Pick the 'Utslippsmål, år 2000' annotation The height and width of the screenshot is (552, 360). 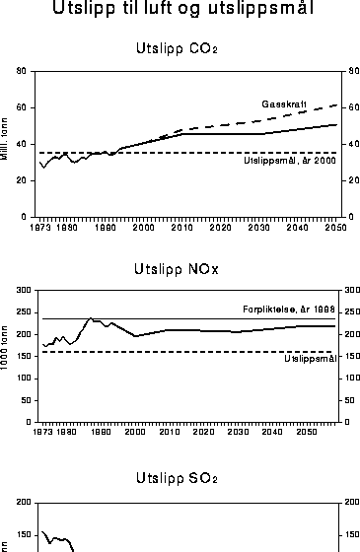click(289, 162)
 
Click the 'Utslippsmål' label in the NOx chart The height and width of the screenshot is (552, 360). click(309, 358)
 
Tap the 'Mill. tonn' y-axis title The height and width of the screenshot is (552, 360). click(8, 144)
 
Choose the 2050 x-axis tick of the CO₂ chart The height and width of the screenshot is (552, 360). click(335, 227)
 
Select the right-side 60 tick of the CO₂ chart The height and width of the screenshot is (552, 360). click(346, 107)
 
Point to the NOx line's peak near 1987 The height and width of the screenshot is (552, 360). click(91, 318)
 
